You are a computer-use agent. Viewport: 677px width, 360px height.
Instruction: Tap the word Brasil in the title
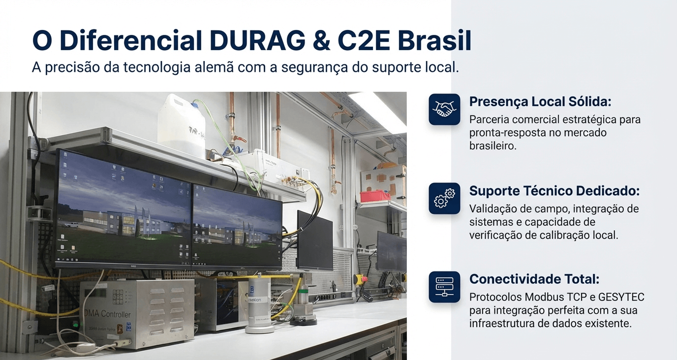point(434,40)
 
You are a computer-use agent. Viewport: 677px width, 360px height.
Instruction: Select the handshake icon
point(444,109)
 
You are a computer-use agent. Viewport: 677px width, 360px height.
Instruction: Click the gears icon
point(444,198)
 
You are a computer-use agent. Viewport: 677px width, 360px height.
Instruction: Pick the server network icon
point(444,287)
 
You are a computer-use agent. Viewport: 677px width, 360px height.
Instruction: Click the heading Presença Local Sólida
point(540,102)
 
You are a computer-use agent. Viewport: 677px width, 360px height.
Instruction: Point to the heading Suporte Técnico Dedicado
point(554,191)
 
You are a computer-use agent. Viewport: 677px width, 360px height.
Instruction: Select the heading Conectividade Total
point(534,279)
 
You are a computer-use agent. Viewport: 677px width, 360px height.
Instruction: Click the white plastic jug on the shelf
point(182,125)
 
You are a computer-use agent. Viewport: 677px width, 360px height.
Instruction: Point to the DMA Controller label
point(107,314)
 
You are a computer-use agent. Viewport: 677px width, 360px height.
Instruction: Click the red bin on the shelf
point(375,196)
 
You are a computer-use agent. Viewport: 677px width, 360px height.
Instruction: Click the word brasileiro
point(493,146)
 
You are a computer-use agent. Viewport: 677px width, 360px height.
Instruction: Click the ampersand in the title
point(321,41)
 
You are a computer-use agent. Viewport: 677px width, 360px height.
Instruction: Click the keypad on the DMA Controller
point(118,297)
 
